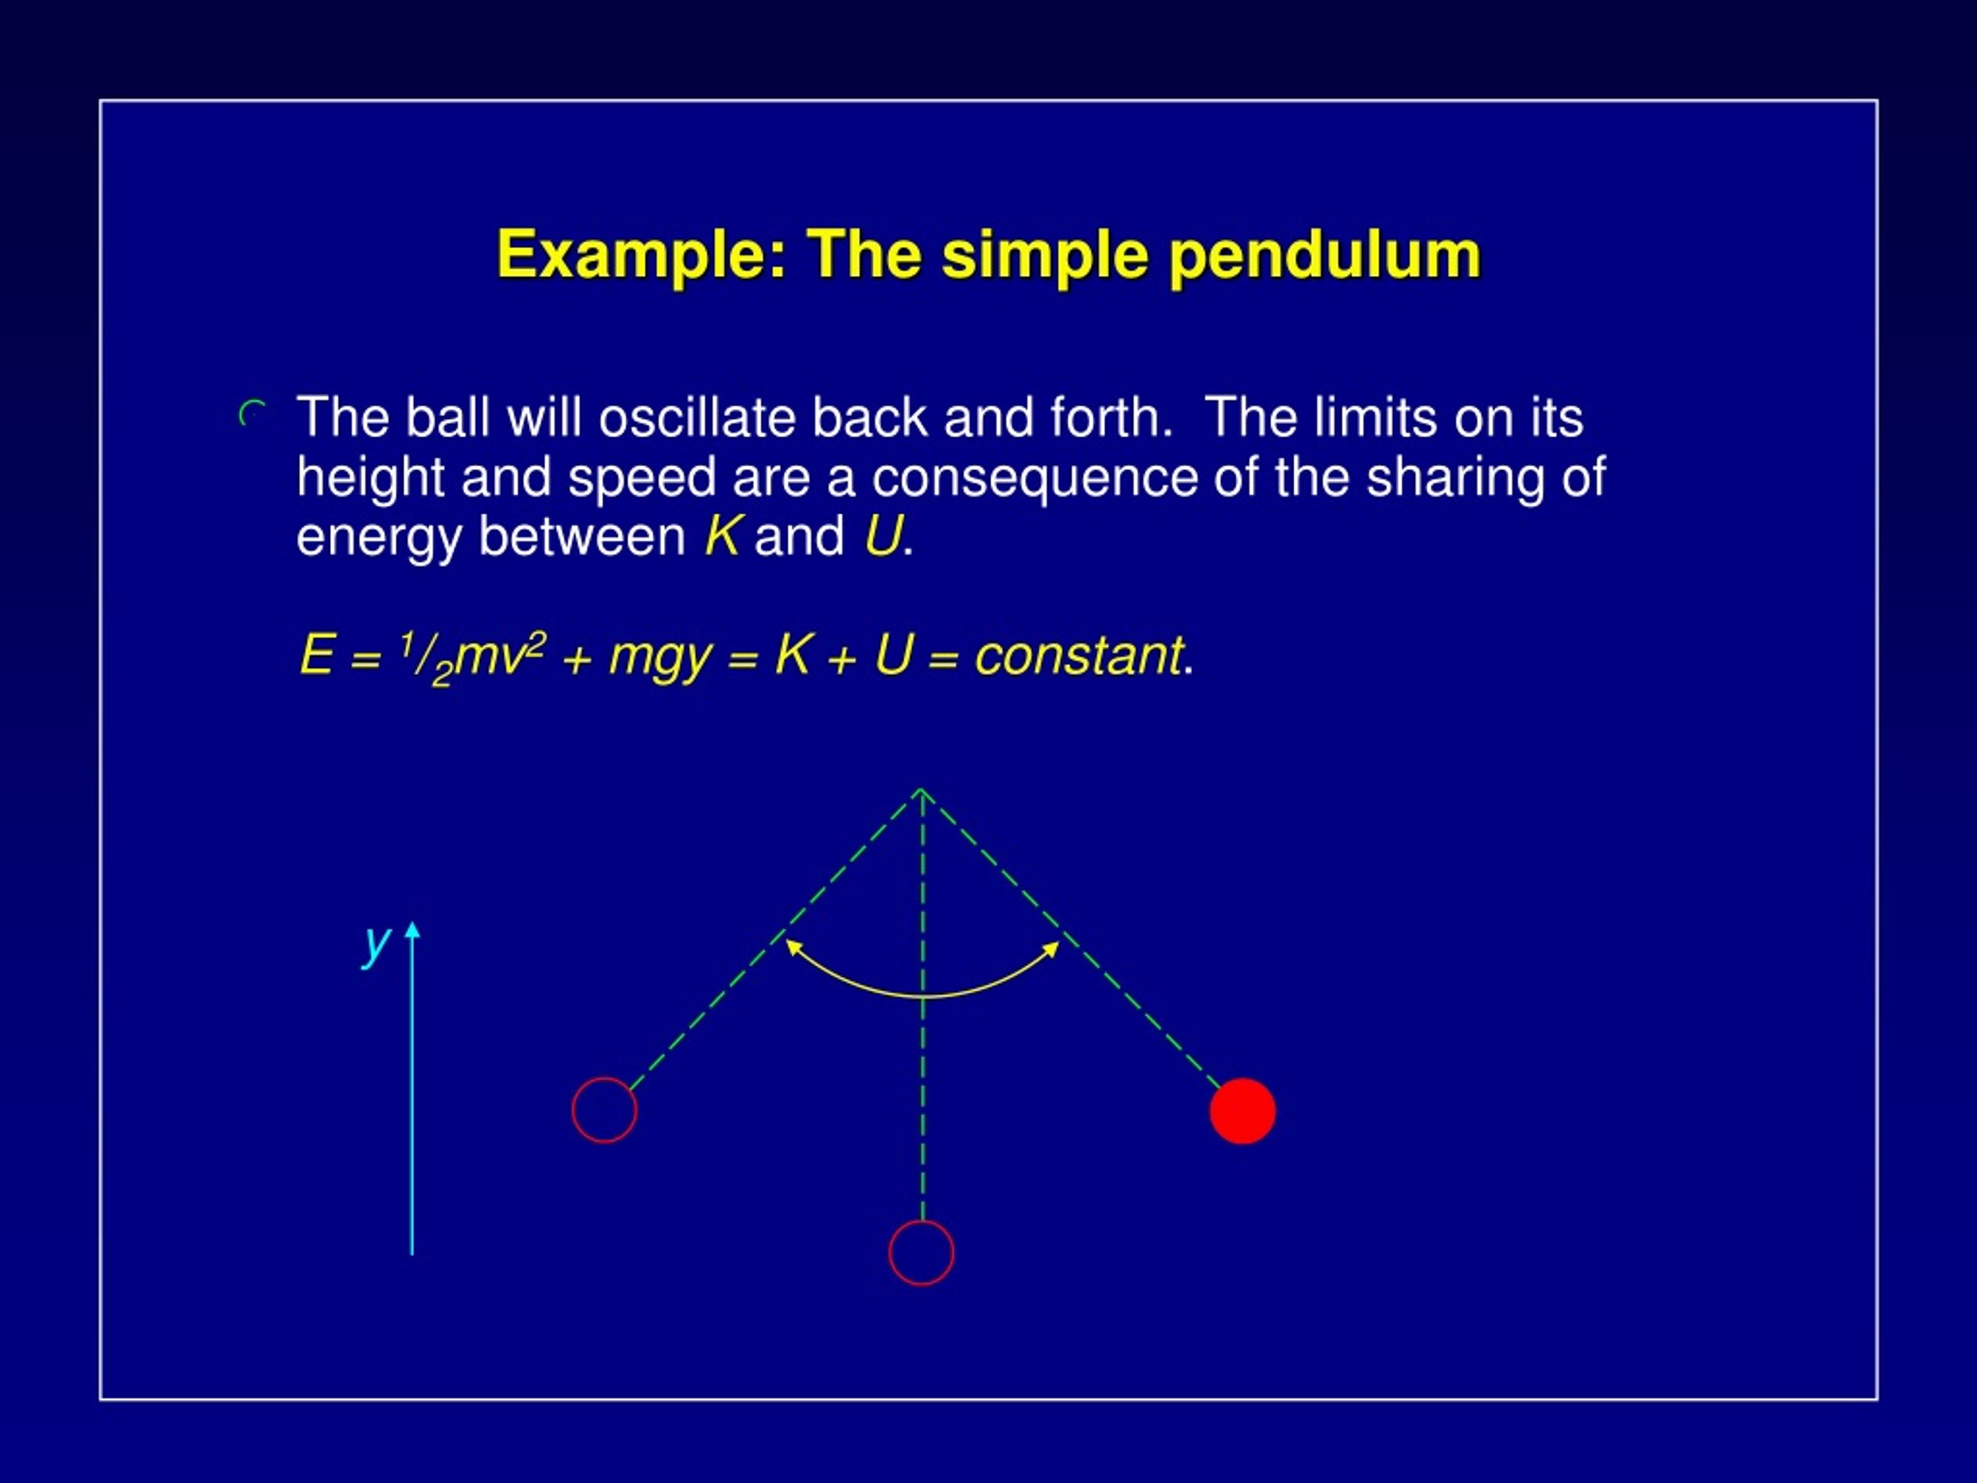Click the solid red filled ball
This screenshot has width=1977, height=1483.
(1243, 1111)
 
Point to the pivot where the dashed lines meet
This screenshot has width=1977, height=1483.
(921, 790)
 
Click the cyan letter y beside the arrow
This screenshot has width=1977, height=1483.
(377, 943)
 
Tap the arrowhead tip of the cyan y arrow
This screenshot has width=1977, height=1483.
(412, 925)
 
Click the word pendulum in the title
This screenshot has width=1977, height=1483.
(1324, 256)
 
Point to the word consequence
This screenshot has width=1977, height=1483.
(1034, 477)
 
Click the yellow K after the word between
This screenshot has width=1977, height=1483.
(721, 536)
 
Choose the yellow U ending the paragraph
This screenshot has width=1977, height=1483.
(882, 536)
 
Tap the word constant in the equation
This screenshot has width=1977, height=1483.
(1078, 655)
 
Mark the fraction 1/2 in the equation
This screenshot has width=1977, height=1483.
(426, 658)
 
